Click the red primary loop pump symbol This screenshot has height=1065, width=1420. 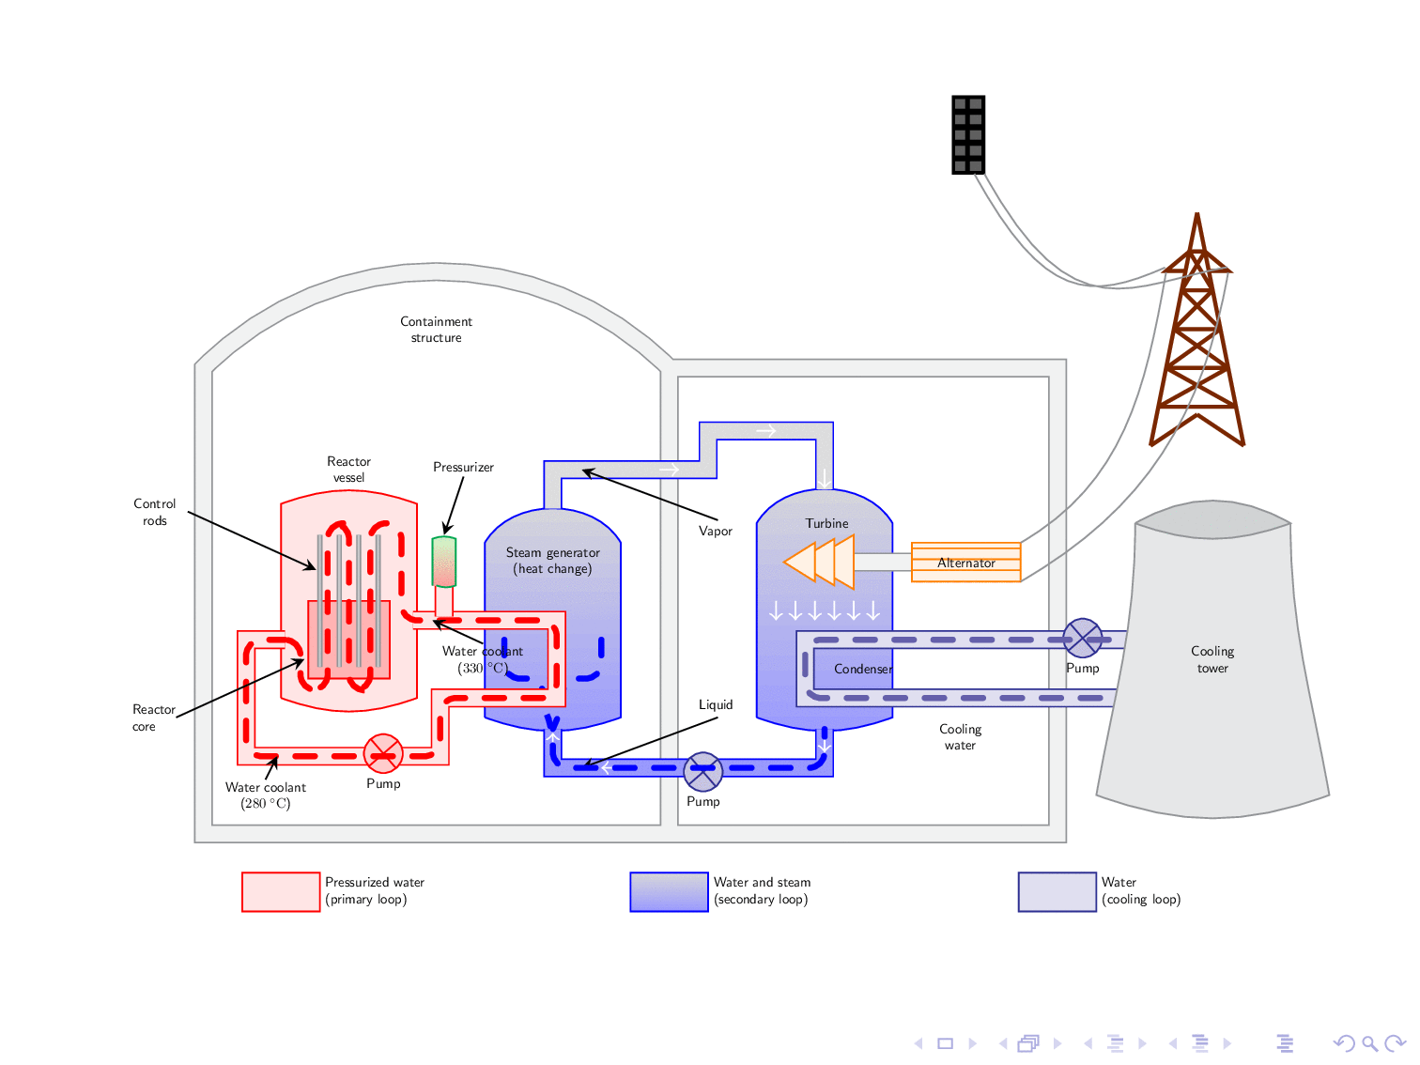coord(383,753)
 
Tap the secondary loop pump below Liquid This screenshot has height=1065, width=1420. coord(702,772)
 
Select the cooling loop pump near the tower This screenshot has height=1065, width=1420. coord(1082,639)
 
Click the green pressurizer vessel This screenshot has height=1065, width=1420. coord(444,562)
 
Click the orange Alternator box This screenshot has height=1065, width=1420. coord(965,563)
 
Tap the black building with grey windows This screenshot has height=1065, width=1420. coord(968,135)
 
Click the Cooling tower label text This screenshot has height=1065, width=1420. coord(1212,659)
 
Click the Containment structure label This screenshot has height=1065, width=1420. coord(436,330)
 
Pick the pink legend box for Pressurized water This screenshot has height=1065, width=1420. coord(281,892)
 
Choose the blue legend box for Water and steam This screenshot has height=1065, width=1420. coord(669,892)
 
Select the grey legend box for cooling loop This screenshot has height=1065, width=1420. coord(1057,892)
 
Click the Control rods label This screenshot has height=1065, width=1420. coord(155,512)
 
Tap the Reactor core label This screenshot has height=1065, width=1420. coord(153,718)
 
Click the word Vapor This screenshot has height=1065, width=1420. coord(715,532)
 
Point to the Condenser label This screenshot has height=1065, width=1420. coord(862,670)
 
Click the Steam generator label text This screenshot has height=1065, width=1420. coord(552,561)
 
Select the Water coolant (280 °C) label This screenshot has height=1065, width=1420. coord(266,795)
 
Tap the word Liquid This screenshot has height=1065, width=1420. coord(715,705)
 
